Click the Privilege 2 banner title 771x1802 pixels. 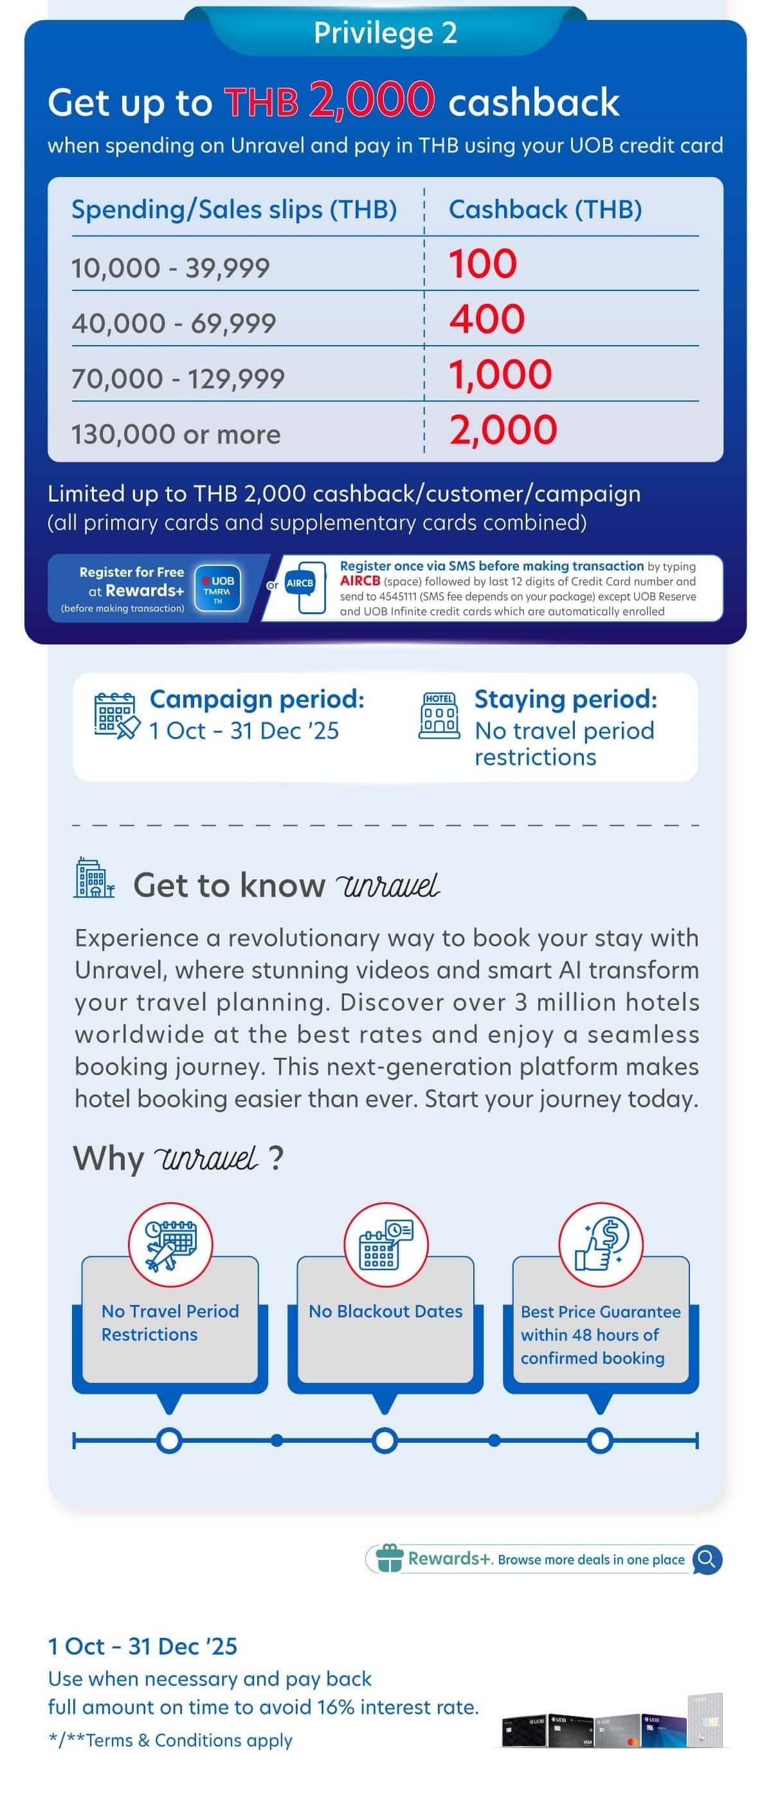[385, 33]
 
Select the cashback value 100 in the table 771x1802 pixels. [482, 265]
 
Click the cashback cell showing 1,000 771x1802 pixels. [500, 375]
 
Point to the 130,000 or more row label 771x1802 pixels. [176, 435]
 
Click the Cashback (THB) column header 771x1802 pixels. [545, 209]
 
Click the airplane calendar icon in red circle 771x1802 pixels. [170, 1244]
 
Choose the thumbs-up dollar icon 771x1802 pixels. [601, 1244]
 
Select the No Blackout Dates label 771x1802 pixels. [385, 1311]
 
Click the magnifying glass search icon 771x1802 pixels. [707, 1559]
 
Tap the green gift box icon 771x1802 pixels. [389, 1558]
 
